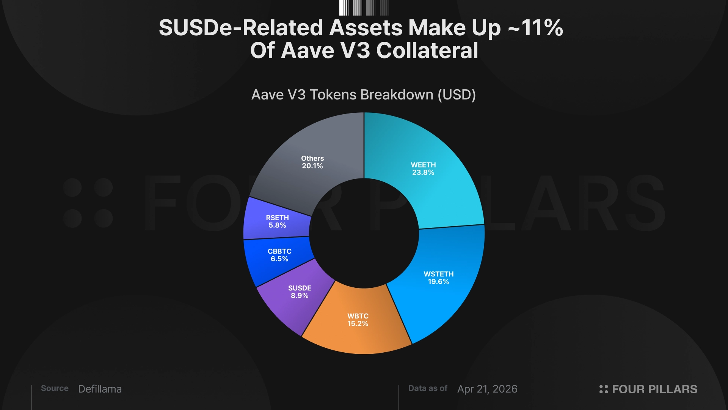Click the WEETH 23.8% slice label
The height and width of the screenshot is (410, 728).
423,169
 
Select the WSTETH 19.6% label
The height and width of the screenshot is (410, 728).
438,278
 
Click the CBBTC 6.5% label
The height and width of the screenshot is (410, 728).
279,255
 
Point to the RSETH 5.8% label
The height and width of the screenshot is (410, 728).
277,221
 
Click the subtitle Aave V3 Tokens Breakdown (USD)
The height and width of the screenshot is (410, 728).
364,95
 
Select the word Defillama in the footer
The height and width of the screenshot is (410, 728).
100,389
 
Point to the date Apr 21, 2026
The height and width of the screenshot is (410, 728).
487,389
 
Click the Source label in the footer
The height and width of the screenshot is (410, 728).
55,388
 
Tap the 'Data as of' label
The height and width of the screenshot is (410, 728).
428,388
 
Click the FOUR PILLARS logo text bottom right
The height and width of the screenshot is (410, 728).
654,389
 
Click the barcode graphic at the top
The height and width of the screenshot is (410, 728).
364,8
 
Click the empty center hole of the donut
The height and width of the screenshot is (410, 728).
364,233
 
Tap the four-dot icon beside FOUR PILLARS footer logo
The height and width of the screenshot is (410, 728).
603,389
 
